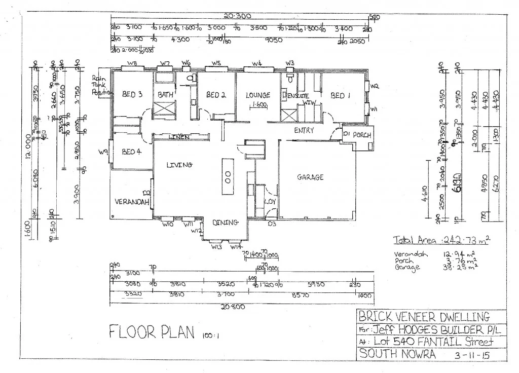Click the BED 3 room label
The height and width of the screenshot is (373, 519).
(x=132, y=94)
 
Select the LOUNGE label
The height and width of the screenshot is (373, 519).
(x=258, y=95)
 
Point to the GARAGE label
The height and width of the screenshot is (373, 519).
(x=311, y=177)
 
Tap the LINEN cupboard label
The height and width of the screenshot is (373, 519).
(x=179, y=137)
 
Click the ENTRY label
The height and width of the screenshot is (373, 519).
(x=304, y=130)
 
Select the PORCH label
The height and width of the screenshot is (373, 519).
(x=362, y=135)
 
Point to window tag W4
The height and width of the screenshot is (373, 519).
(x=256, y=63)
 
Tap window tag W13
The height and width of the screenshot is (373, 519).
(x=216, y=247)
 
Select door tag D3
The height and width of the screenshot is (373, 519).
(x=272, y=223)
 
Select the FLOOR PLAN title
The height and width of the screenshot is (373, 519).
(x=152, y=331)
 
